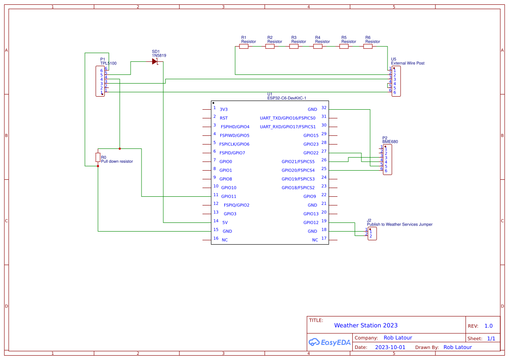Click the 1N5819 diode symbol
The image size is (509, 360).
point(155,61)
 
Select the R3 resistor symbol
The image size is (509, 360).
point(294,46)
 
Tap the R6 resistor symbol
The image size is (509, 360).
point(368,46)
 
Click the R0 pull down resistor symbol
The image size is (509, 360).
point(98,157)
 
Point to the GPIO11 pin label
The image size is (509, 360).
point(229,196)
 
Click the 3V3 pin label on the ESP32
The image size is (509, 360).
point(223,109)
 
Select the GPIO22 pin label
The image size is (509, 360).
point(311,153)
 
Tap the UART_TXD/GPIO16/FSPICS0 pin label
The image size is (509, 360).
point(287,118)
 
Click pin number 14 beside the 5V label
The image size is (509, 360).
point(216,221)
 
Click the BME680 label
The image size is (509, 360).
point(390,141)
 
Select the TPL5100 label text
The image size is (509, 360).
point(108,63)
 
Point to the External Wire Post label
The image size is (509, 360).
point(408,63)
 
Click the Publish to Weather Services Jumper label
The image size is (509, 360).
point(400,224)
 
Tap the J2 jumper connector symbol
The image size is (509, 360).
point(372,233)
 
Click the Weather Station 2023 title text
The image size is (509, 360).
point(366,325)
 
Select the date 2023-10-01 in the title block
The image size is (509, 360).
point(390,347)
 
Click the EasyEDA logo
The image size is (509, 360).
point(329,342)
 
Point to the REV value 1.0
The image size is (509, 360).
point(489,326)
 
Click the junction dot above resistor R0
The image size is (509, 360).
point(119,148)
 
